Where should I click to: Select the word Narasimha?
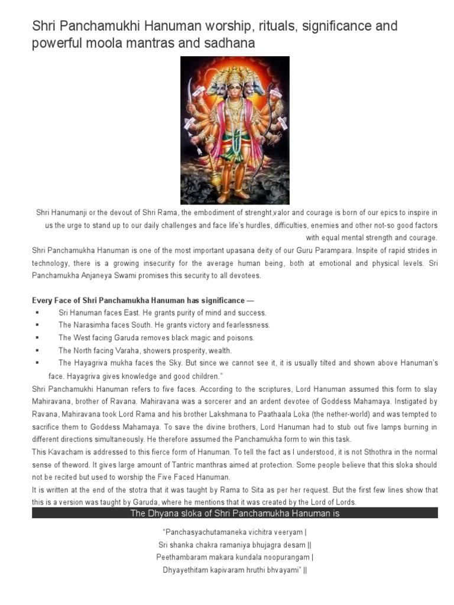pyautogui.click(x=98, y=325)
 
